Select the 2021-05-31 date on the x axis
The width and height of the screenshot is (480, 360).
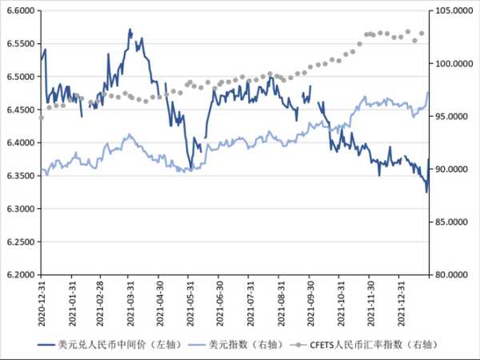click(x=190, y=302)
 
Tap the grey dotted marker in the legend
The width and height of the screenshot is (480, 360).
click(x=299, y=344)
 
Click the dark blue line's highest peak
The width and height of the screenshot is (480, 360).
click(x=130, y=30)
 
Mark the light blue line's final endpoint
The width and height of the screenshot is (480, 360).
click(x=429, y=93)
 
